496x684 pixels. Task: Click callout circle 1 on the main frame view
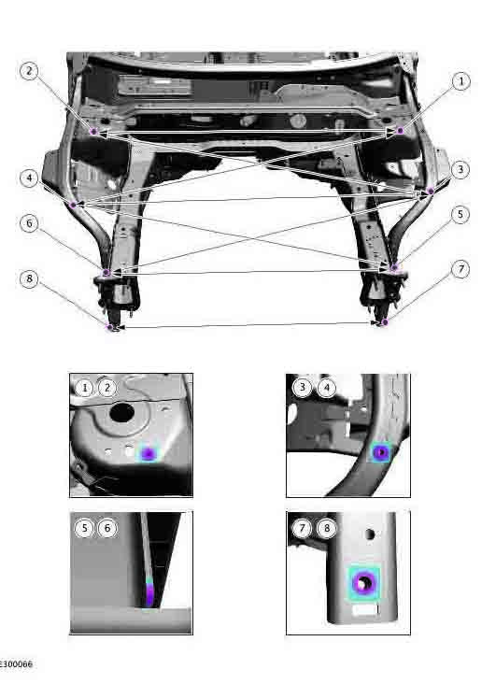point(461,81)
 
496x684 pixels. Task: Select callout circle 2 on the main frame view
point(29,71)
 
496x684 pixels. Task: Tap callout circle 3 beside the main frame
point(461,170)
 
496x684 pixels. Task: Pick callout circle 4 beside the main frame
point(29,178)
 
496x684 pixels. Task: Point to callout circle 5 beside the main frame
point(460,215)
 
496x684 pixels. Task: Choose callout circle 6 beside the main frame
point(29,223)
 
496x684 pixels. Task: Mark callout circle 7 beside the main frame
point(461,270)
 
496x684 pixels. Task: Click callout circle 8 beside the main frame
point(29,278)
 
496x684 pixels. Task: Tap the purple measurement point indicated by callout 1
point(401,130)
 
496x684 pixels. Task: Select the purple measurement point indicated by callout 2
point(93,131)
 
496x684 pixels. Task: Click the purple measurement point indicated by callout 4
point(73,205)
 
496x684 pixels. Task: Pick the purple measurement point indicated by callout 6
point(106,273)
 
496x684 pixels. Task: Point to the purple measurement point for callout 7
point(384,322)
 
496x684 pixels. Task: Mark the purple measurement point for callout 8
point(110,327)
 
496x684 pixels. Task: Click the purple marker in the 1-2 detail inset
point(149,454)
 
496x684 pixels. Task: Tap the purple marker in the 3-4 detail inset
point(381,452)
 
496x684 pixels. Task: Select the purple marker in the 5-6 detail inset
point(149,592)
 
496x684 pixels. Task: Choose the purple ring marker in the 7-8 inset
point(363,582)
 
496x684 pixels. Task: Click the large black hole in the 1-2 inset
point(122,412)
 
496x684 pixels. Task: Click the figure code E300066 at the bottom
point(16,664)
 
